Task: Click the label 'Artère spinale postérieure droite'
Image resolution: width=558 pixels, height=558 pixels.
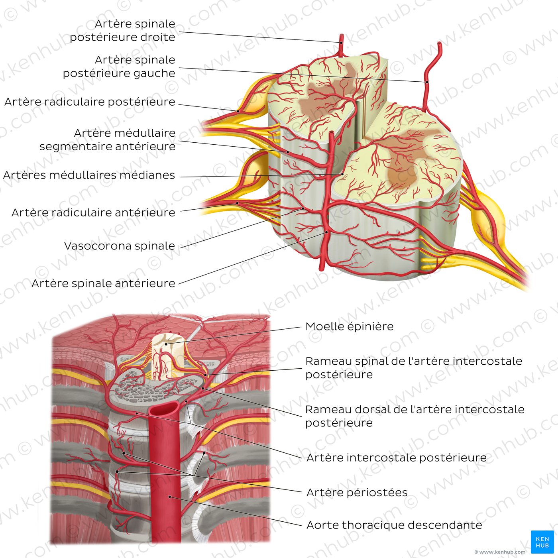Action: tap(122, 30)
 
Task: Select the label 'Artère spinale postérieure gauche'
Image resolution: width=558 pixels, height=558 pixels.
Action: tap(119, 67)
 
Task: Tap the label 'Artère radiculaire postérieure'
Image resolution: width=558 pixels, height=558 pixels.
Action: tap(90, 102)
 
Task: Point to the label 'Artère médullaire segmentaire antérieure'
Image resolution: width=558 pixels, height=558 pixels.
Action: tap(107, 139)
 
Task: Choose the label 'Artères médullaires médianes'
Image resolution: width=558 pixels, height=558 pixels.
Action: tap(89, 175)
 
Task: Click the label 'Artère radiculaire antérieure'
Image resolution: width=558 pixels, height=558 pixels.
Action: tap(93, 212)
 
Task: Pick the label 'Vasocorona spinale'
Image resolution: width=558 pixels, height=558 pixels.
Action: tap(120, 246)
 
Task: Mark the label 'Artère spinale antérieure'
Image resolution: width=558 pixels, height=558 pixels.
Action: tap(103, 283)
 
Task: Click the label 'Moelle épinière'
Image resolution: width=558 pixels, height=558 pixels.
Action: tap(349, 326)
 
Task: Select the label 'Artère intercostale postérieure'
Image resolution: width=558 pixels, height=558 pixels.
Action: tap(396, 458)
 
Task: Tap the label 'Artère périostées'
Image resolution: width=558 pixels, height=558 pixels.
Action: tap(357, 493)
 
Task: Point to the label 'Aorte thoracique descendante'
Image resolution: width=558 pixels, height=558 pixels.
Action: tap(394, 525)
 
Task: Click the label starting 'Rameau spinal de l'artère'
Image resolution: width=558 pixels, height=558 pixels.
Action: tap(413, 367)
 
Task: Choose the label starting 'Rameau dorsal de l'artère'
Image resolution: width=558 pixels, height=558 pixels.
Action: tap(415, 416)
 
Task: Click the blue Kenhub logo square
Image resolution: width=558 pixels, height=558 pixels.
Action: tap(542, 542)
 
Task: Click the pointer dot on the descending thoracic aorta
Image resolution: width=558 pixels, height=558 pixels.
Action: tap(170, 497)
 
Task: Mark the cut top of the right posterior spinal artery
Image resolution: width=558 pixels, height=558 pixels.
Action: tap(341, 37)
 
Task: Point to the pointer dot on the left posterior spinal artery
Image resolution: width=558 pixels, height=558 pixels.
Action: tap(426, 82)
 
